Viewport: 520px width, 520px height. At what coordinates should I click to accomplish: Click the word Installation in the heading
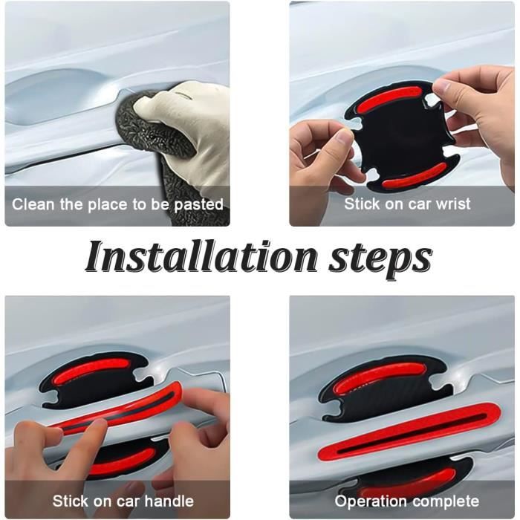(x=201, y=257)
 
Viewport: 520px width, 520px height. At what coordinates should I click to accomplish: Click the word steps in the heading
(x=380, y=259)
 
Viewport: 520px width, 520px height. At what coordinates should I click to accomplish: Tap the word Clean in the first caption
(x=33, y=204)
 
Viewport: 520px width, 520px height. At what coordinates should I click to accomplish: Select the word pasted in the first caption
(x=198, y=205)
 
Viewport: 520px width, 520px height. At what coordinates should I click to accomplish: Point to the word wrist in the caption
(x=453, y=204)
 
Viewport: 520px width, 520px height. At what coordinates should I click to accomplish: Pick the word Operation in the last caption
(x=368, y=501)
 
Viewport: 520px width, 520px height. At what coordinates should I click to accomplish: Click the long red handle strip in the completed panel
(x=409, y=432)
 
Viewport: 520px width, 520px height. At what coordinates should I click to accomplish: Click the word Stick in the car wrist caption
(x=361, y=204)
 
